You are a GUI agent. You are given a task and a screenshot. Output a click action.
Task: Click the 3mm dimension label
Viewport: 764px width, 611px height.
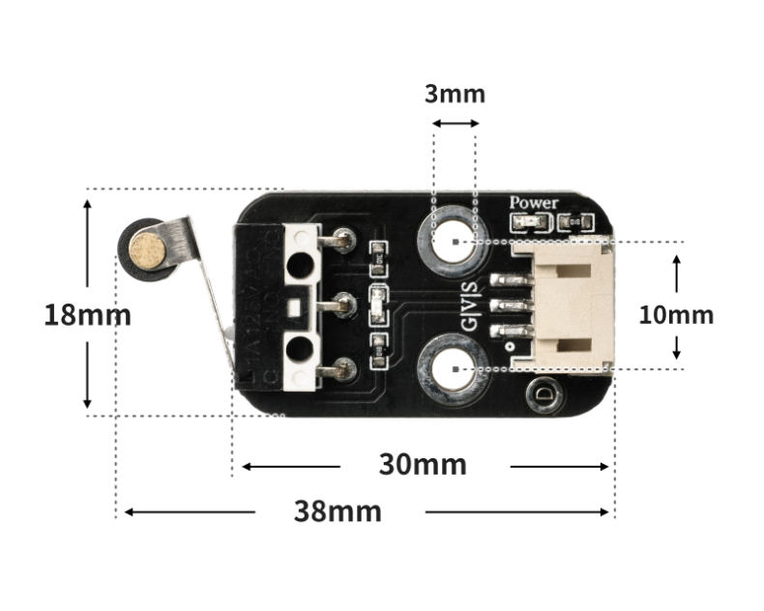pos(455,94)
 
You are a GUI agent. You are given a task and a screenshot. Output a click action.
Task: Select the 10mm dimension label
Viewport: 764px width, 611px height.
pos(676,314)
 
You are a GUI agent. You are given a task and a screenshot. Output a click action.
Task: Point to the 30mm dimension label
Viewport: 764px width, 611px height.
pos(423,465)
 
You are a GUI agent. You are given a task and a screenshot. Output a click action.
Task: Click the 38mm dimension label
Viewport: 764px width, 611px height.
pos(338,511)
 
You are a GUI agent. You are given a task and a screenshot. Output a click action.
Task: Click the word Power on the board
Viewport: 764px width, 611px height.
pos(534,203)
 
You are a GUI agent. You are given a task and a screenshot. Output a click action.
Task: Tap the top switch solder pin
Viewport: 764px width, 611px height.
pos(341,240)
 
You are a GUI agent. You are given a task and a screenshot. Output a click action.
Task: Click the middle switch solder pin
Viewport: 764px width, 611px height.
pos(341,306)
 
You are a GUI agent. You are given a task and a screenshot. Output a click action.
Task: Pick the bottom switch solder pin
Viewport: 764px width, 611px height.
pos(341,368)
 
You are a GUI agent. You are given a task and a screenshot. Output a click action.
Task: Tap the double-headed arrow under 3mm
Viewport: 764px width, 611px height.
pos(455,123)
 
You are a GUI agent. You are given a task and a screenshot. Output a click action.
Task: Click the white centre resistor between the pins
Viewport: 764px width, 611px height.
pos(379,302)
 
